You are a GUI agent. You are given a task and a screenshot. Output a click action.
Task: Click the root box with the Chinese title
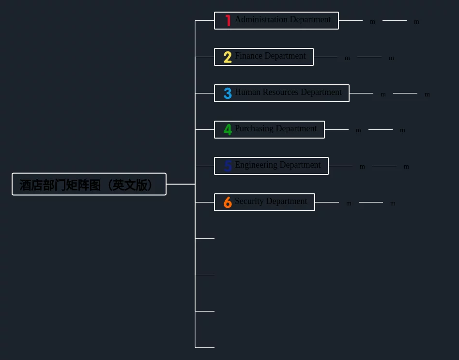pos(89,184)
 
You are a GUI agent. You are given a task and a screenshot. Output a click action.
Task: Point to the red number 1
pos(228,21)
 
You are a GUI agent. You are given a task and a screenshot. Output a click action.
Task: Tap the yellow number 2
pos(228,57)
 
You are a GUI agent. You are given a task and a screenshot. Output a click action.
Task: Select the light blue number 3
pos(228,94)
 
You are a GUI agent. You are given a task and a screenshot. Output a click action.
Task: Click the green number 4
pos(228,130)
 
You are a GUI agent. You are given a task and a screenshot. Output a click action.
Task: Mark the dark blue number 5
pos(228,166)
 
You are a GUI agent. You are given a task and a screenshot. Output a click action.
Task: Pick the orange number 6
pos(228,203)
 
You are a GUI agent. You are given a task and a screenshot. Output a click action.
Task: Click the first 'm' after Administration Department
pos(372,22)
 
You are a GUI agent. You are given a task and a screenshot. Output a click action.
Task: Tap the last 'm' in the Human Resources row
pos(427,94)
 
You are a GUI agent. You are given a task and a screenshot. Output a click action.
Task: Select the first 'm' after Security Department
pos(349,203)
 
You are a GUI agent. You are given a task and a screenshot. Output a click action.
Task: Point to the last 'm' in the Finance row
pos(391,58)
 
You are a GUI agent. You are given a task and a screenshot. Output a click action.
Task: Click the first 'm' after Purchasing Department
pos(358,130)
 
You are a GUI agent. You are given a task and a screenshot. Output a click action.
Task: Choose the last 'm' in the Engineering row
pos(406,167)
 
